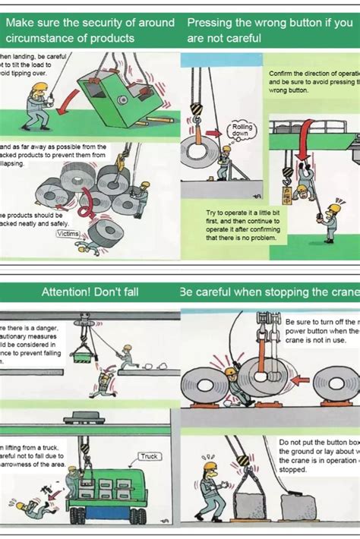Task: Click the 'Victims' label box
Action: point(68,234)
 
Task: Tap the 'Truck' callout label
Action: point(148,456)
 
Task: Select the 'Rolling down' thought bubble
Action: point(242,130)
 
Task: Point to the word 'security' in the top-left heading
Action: point(91,23)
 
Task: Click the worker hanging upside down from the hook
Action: point(303,185)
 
